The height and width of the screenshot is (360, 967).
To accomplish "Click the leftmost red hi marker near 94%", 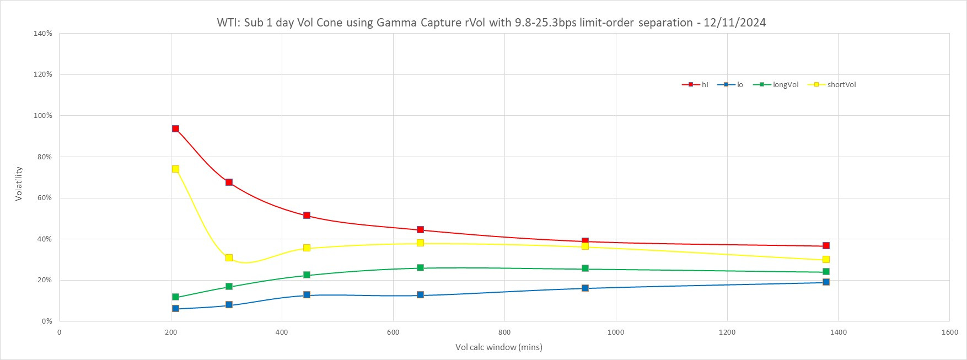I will click(x=175, y=128).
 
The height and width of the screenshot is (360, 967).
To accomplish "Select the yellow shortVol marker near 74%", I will click(x=175, y=169).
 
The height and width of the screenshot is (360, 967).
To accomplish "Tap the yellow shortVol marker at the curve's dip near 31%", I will click(x=229, y=257).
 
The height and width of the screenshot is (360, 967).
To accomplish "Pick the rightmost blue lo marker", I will click(x=826, y=282).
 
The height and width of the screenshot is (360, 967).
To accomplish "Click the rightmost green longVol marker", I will click(x=826, y=271).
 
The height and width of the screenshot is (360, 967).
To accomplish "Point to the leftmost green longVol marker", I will click(x=175, y=297).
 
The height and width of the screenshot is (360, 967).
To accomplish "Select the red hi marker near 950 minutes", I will click(x=585, y=241).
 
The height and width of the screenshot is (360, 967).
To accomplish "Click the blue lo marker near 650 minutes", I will click(x=420, y=294).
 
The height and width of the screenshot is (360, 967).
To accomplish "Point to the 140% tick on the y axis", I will click(x=43, y=34).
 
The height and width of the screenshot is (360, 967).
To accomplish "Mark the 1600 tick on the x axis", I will click(x=949, y=332).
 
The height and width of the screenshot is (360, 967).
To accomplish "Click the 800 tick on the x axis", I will click(x=504, y=332).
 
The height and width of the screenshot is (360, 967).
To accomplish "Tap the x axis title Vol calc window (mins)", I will click(x=498, y=347).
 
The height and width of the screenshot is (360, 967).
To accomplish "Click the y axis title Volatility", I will click(x=19, y=184).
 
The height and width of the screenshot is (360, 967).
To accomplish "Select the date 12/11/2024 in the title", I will click(x=734, y=23).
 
